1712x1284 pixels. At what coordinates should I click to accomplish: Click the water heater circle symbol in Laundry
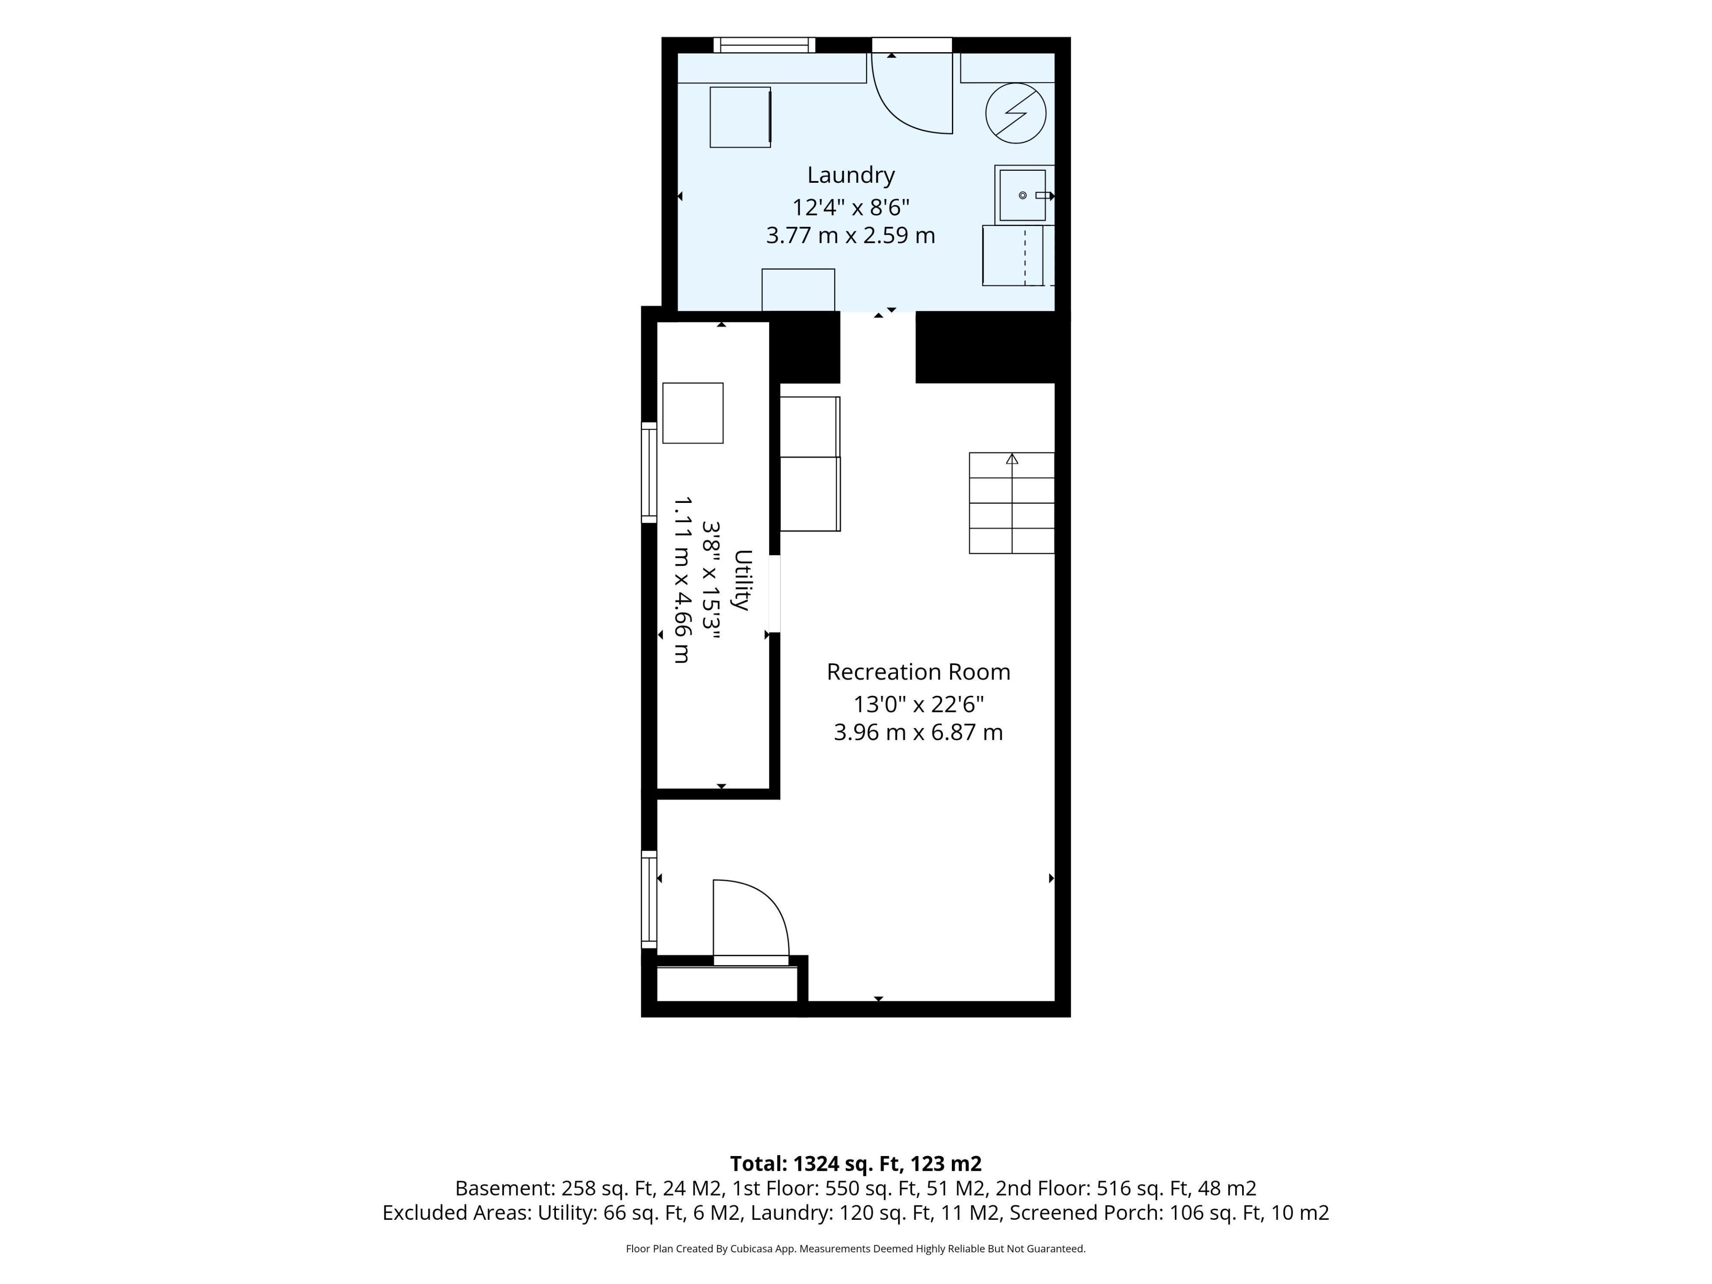1016,113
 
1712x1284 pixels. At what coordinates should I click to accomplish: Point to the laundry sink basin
1022,195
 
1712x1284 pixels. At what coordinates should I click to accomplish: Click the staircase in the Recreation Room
1012,503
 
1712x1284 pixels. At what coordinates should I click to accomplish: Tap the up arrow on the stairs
1012,459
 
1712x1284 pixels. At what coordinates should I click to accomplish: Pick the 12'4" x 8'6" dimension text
851,207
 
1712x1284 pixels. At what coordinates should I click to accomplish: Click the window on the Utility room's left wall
649,472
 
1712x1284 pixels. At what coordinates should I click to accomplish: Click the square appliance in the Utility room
693,413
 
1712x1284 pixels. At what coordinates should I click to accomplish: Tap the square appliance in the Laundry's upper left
741,117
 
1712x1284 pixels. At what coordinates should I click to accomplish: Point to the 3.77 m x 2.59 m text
851,235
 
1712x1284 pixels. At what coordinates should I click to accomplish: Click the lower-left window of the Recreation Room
649,899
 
